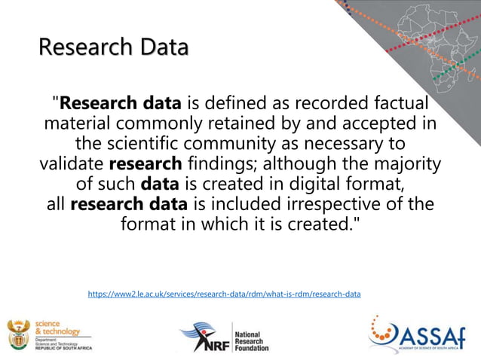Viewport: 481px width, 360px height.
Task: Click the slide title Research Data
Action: coord(113,47)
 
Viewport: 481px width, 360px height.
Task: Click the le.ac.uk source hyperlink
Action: coord(224,294)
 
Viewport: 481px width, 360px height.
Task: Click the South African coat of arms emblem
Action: coord(18,333)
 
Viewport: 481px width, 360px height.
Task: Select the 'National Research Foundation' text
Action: coord(252,340)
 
